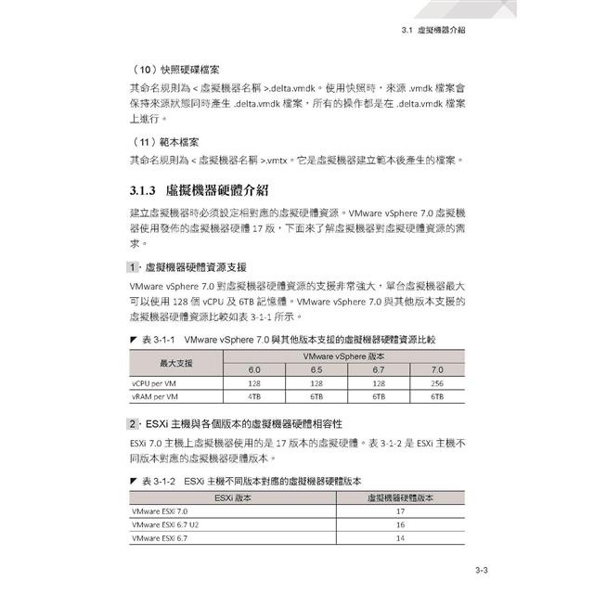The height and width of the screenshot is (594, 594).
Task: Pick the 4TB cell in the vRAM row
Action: pos(252,395)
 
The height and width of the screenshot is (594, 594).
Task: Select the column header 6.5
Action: pos(316,369)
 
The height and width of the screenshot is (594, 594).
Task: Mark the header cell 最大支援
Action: pos(175,362)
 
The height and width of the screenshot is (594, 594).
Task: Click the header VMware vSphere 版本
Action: pos(345,355)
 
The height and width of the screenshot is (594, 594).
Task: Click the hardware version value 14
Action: pos(401,537)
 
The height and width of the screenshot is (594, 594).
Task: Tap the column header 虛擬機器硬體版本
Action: pos(401,497)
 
